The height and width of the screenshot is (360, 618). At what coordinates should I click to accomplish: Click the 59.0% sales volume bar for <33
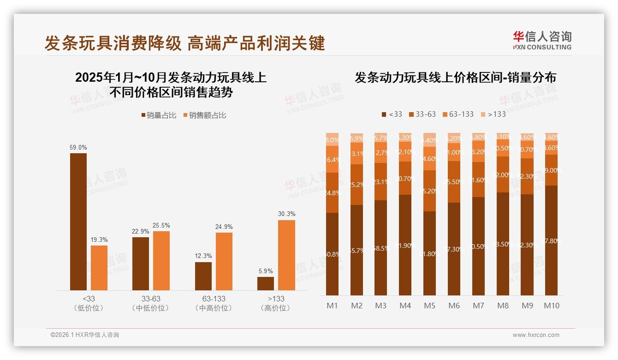(78, 222)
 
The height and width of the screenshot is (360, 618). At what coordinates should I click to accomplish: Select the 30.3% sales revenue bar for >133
(286, 255)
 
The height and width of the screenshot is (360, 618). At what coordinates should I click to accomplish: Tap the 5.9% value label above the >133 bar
(266, 271)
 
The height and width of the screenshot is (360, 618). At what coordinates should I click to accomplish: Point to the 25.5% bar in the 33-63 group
(161, 260)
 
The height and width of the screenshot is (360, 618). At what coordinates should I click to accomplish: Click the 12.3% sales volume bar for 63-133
(203, 276)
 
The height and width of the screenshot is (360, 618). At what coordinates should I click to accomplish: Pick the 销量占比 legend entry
(159, 115)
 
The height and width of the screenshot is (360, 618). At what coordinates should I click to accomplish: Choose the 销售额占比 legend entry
(205, 115)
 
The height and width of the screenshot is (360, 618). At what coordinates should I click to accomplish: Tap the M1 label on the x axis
(333, 306)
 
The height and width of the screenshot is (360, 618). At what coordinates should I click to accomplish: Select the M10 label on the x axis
(551, 306)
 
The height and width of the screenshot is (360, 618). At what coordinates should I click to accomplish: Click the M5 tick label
(429, 306)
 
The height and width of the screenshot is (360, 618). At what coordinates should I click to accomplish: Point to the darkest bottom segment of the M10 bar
(551, 240)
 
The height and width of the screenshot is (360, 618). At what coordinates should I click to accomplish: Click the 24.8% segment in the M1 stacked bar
(333, 192)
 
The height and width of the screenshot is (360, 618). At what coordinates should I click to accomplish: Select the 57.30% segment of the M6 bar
(454, 249)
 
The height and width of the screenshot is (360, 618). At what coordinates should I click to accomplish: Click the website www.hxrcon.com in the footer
(536, 335)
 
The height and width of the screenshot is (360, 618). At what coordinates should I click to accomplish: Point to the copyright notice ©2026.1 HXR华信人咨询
(84, 335)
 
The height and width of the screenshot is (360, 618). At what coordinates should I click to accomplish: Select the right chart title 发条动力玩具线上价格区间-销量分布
(455, 78)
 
